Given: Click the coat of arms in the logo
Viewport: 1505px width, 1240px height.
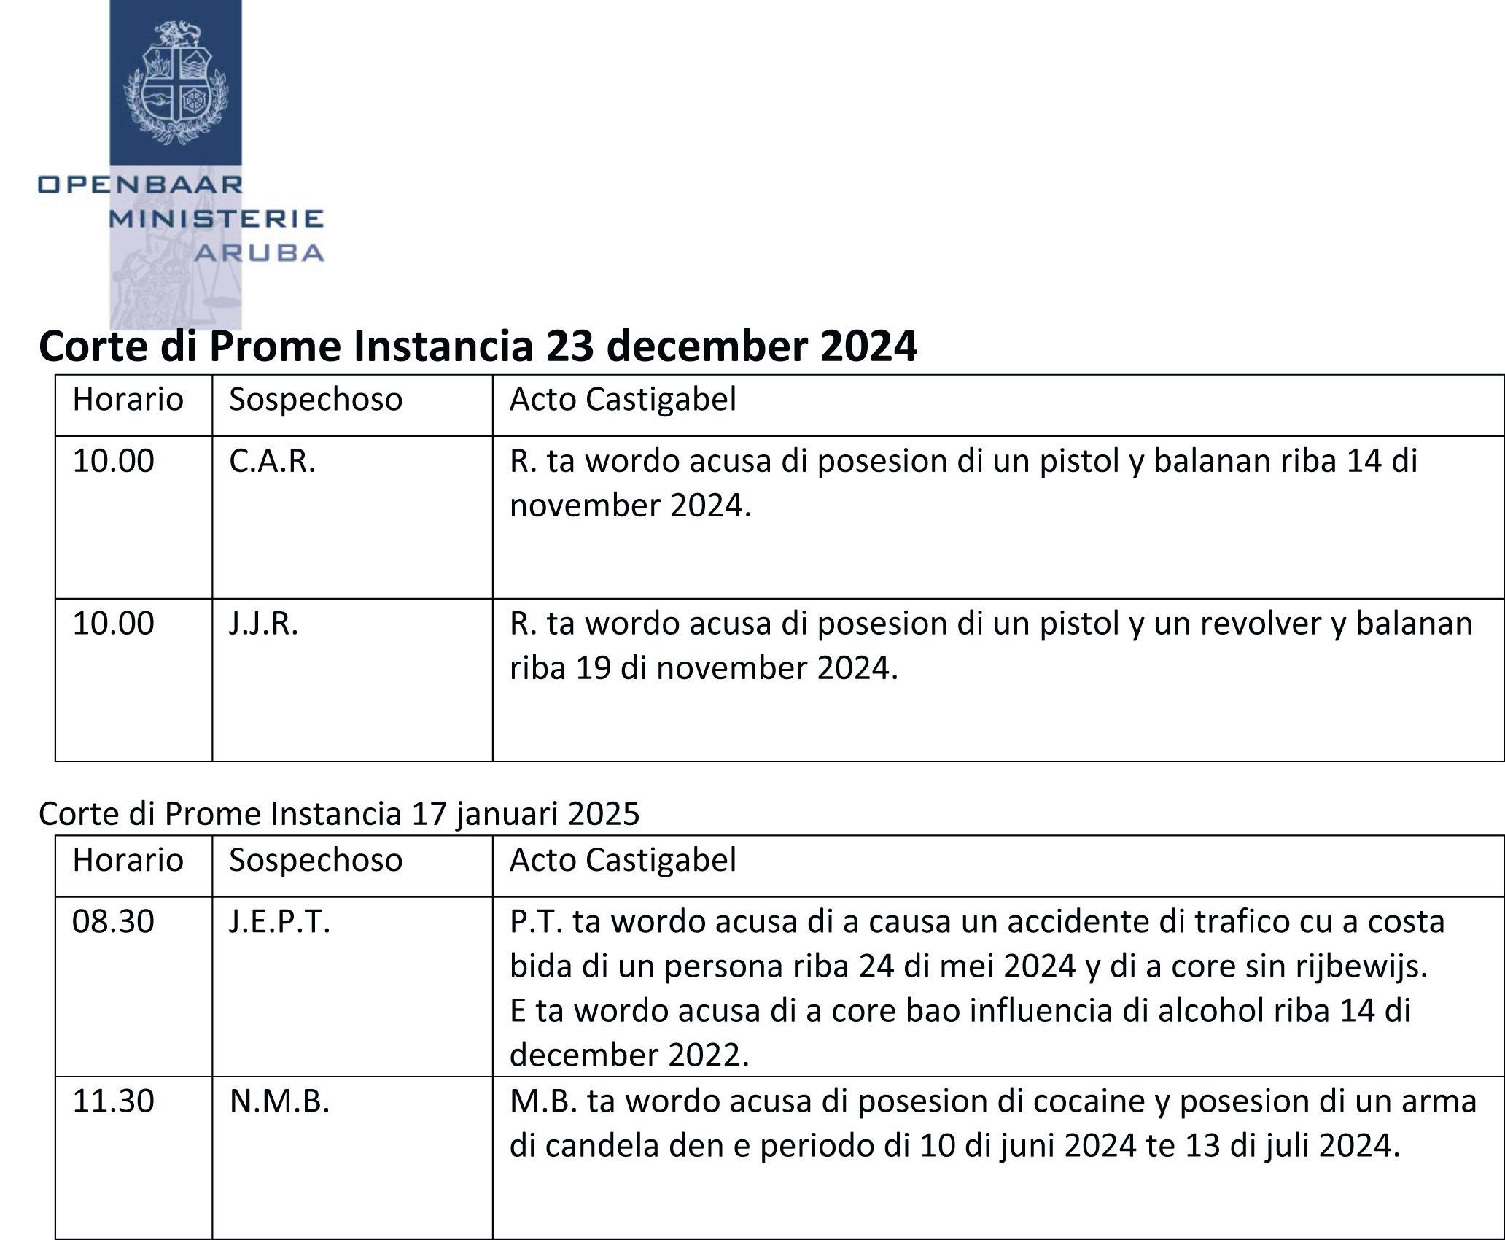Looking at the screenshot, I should click(x=176, y=82).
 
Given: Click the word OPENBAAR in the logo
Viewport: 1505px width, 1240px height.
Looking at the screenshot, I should click(x=140, y=184).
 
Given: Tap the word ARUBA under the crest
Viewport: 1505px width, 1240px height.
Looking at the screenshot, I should click(x=259, y=253).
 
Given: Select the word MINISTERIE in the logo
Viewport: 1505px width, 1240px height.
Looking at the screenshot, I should click(x=216, y=218).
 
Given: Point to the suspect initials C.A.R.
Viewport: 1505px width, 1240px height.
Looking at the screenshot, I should click(x=272, y=461).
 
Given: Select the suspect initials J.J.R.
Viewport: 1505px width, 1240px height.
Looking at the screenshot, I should click(x=263, y=624).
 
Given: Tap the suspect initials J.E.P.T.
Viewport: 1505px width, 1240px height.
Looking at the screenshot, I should click(x=279, y=922).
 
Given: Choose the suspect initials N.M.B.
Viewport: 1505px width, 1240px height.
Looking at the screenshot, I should click(x=279, y=1101).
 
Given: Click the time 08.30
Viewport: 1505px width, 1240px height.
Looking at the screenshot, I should click(x=113, y=922).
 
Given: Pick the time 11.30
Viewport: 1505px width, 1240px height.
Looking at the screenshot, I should click(x=113, y=1101).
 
